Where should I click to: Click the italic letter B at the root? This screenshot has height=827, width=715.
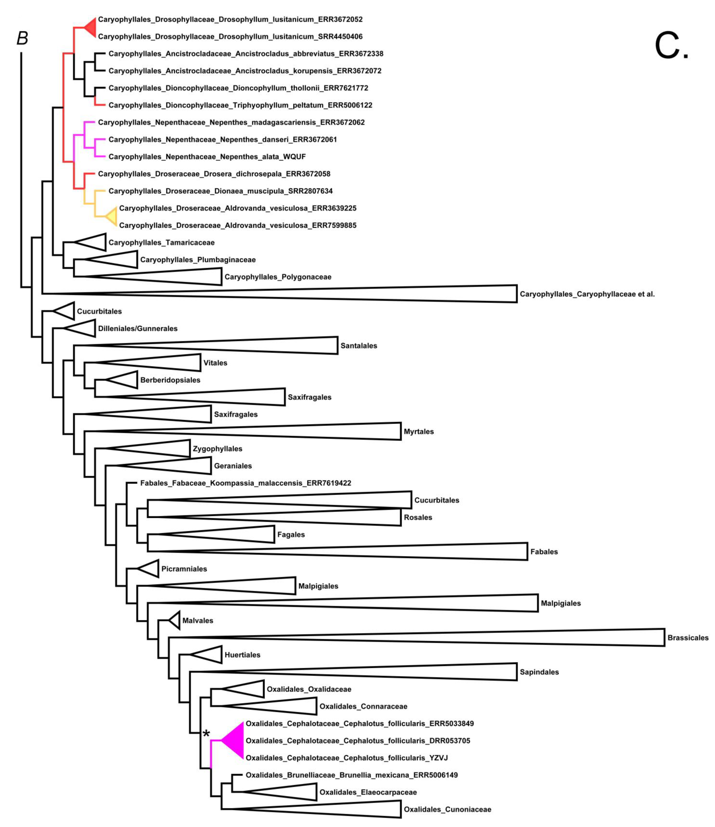22,38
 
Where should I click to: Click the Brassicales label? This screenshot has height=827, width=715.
688,638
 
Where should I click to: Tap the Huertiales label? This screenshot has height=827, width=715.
242,655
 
